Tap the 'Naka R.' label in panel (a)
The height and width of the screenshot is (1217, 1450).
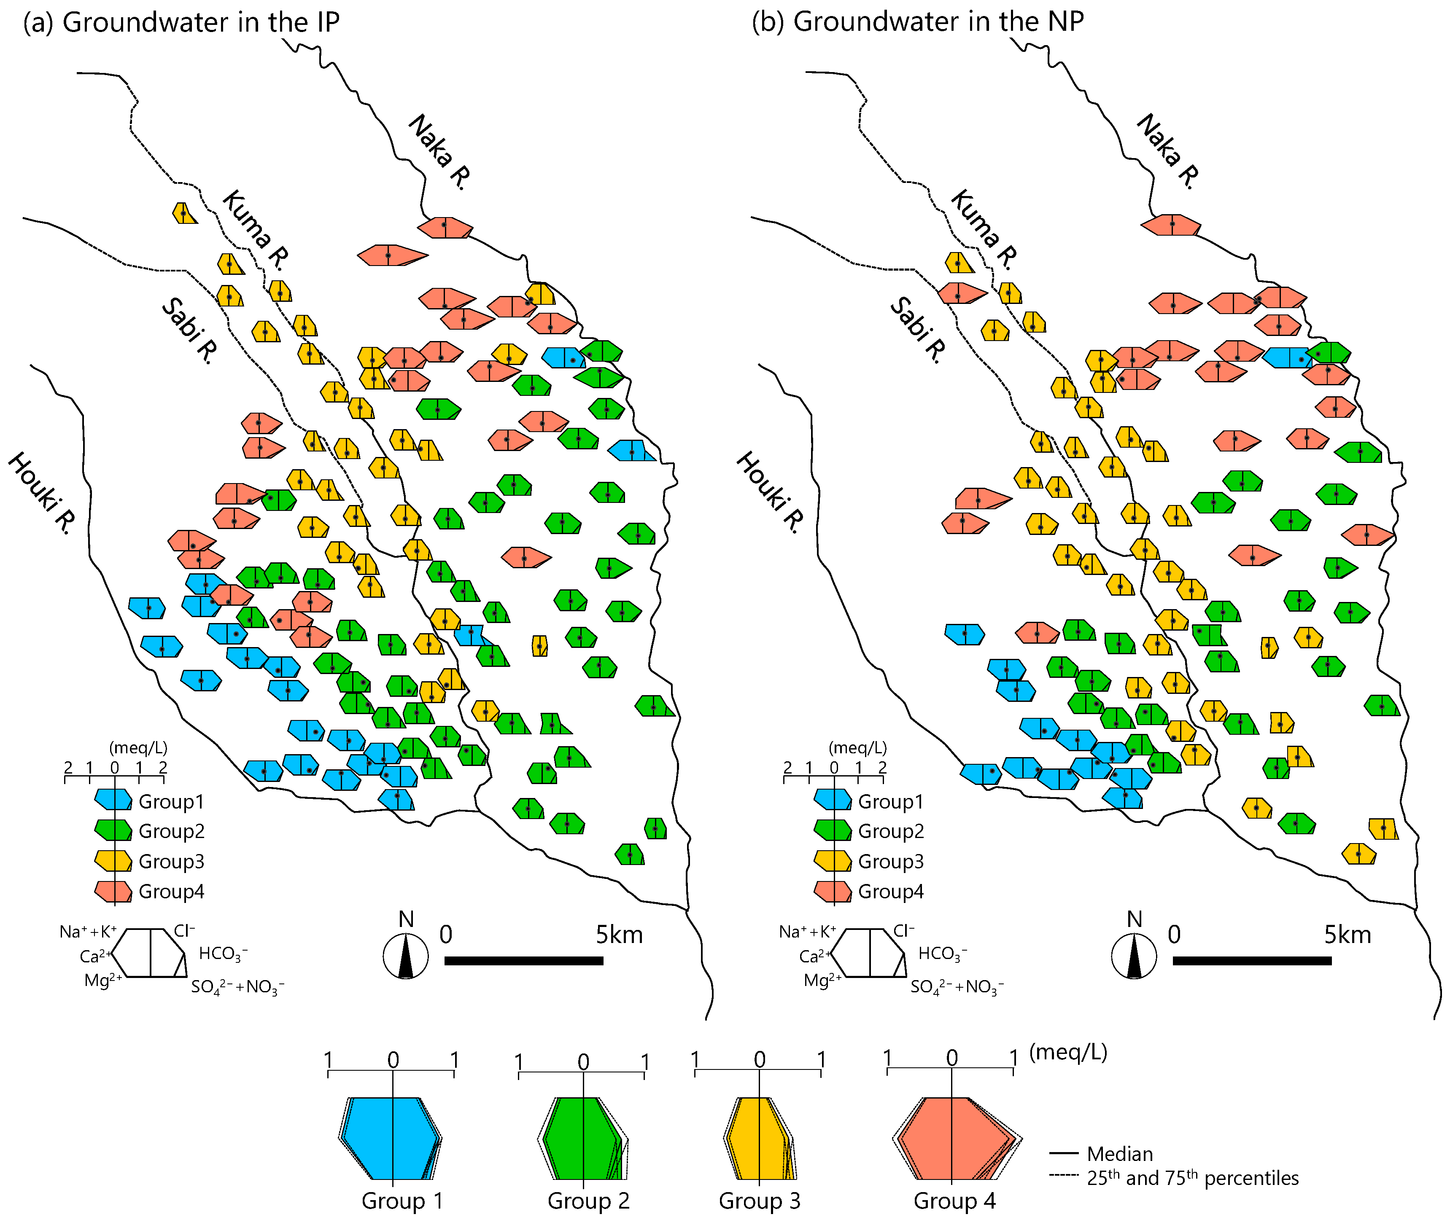point(439,152)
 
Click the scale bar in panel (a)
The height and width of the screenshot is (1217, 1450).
point(523,960)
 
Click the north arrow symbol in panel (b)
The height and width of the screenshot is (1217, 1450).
point(1134,956)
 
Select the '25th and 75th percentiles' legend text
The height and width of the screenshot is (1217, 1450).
point(1192,1178)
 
